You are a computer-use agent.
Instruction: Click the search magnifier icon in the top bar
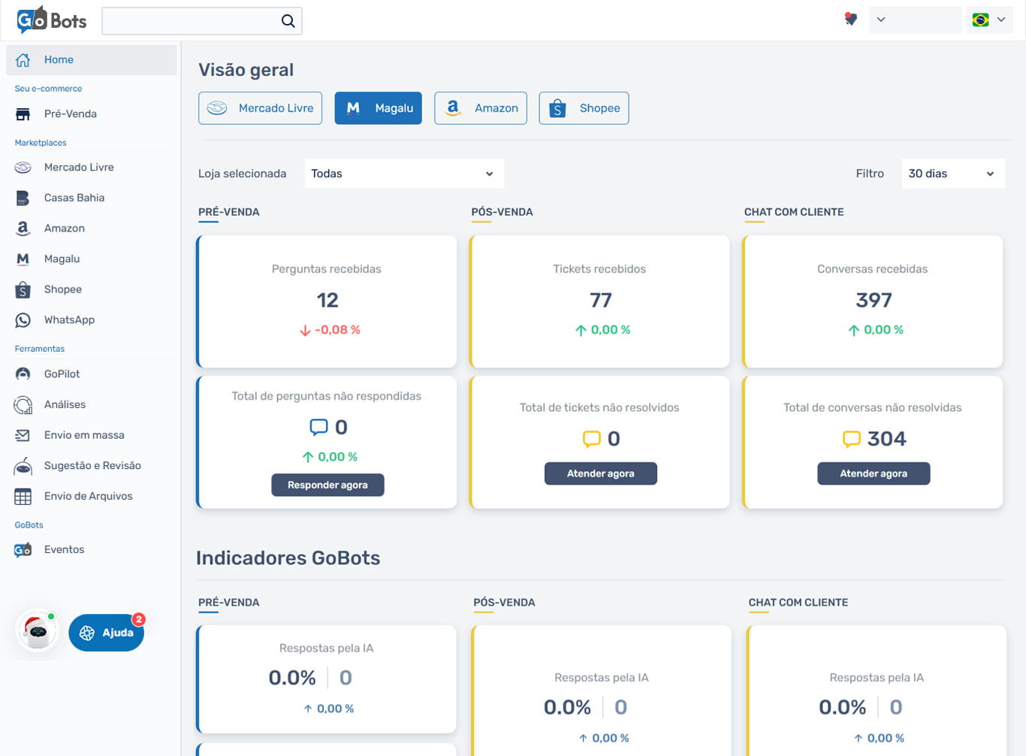(288, 21)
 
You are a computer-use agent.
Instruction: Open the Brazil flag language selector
(989, 20)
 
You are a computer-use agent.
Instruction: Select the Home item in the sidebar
(59, 60)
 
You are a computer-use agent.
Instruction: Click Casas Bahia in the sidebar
(74, 198)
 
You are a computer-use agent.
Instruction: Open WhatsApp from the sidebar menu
(69, 320)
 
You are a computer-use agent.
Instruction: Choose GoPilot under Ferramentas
(62, 374)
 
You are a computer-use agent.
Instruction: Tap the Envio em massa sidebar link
(84, 435)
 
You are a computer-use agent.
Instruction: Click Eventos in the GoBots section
(64, 550)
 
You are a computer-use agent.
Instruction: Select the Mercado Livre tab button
(261, 108)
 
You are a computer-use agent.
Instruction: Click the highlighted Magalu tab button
(379, 108)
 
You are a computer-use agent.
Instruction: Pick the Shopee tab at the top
(584, 108)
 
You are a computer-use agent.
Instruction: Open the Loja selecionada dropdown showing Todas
(403, 174)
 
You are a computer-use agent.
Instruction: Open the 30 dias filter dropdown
(952, 174)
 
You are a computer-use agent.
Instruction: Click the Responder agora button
(327, 485)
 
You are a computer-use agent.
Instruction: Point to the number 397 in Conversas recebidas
(874, 301)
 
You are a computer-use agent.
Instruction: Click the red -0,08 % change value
(337, 330)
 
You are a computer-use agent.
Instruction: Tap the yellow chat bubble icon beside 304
(851, 439)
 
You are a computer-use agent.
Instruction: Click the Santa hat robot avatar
(37, 631)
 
